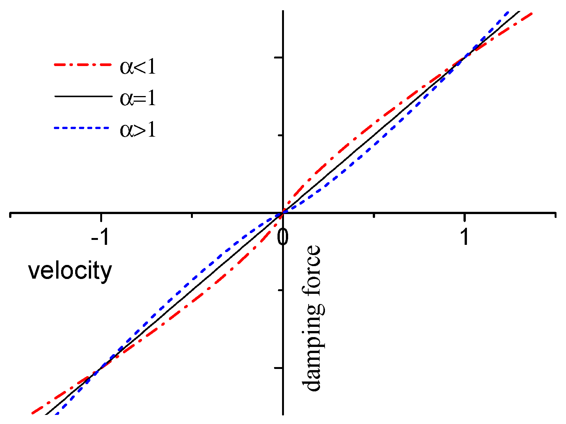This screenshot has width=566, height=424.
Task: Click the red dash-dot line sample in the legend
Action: coord(83,65)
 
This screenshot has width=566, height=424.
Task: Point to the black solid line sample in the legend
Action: coord(83,97)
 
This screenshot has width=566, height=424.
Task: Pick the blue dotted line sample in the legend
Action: coord(83,128)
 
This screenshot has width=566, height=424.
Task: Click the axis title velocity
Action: coord(70,271)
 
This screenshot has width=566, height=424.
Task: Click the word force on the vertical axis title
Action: coord(313,270)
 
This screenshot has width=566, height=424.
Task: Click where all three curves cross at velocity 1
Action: coord(464,57)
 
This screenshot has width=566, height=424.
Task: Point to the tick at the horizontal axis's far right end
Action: coord(556,215)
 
